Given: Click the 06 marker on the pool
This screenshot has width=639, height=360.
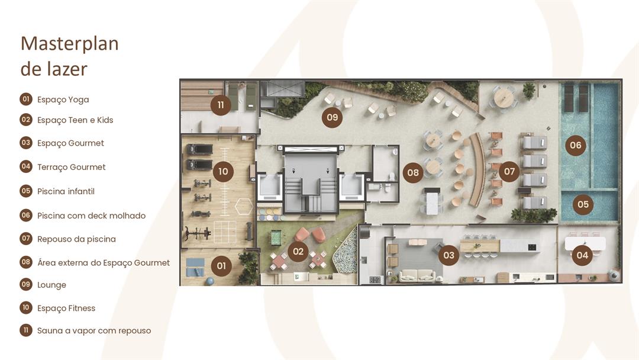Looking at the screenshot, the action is (576, 145).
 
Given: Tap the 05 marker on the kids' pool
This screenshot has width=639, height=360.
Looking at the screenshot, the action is (583, 204).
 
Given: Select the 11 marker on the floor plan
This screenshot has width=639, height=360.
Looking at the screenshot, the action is (221, 105).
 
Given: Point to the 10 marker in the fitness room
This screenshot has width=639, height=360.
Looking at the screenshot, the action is (223, 171).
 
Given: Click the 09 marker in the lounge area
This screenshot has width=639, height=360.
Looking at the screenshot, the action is (332, 117).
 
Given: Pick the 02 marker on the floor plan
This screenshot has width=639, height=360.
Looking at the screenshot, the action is (298, 251).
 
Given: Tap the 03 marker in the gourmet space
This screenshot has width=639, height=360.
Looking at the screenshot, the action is (448, 255).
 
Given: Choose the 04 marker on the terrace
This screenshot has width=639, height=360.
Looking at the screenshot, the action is (582, 255).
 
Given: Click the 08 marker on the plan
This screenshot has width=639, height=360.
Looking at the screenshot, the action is (413, 172).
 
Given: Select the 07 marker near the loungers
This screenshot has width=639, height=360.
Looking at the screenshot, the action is (509, 171).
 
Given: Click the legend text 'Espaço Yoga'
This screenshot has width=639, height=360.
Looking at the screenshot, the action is (63, 100).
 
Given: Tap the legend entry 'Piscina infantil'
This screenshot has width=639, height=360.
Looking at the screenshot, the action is (66, 191).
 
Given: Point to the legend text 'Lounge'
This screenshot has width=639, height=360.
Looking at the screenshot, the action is (51, 285).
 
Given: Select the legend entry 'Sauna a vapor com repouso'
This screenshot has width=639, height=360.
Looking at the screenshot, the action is (94, 330).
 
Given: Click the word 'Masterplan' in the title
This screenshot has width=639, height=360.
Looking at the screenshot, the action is (70, 44).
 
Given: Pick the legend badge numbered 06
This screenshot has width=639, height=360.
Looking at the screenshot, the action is (26, 215).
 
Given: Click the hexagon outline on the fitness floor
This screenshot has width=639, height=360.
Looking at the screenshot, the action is (244, 206).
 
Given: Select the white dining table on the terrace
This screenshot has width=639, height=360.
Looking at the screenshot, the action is (585, 243).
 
